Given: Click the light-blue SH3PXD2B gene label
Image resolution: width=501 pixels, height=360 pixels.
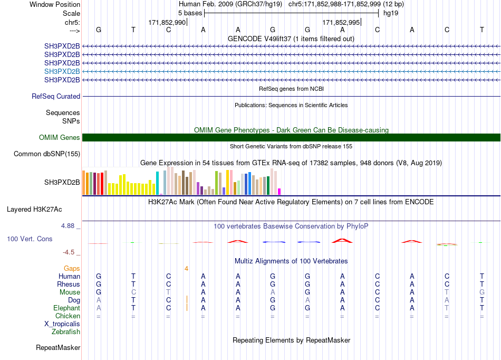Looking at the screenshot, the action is [62, 71].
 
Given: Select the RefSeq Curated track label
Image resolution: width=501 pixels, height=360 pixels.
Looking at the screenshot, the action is [56, 96].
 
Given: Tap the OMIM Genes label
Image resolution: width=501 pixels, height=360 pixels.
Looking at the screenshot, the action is [60, 137].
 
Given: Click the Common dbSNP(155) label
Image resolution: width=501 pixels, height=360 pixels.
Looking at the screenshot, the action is [47, 154].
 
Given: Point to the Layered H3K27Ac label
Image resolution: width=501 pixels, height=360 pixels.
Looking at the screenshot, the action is [34, 210].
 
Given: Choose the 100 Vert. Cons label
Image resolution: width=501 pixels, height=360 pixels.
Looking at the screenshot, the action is [30, 239].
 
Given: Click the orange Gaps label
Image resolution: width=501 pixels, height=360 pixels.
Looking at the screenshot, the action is [72, 269].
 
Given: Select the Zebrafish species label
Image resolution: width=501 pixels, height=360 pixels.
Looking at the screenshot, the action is [66, 332].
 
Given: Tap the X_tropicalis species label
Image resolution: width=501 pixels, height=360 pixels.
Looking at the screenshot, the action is [62, 324].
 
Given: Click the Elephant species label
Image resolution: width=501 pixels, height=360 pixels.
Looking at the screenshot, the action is [66, 308].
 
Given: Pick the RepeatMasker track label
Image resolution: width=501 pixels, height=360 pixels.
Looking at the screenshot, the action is [58, 347].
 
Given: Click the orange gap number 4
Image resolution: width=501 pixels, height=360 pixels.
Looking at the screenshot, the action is [186, 269].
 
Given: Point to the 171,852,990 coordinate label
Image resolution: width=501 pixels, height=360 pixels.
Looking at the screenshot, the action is [167, 22].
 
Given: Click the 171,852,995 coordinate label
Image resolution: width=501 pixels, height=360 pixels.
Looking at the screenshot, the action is [341, 22].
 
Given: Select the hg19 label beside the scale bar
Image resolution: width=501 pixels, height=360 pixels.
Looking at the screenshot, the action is [391, 13].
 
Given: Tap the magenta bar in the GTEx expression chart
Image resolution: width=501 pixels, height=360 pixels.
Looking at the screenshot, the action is [280, 192].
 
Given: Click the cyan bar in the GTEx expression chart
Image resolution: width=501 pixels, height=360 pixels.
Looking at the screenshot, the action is [157, 183].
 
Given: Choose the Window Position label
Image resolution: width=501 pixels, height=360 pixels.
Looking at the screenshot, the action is [55, 4].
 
